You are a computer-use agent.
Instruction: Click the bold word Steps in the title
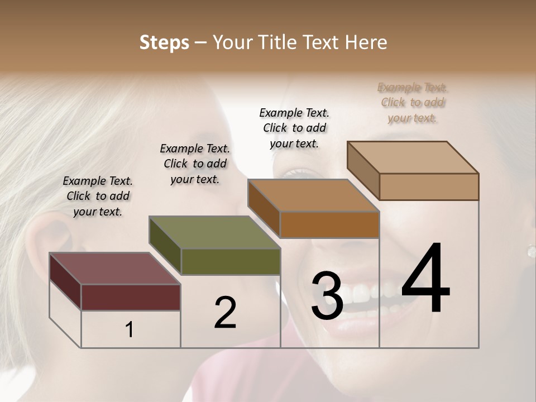pyautogui.click(x=164, y=42)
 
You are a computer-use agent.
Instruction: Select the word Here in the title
pyautogui.click(x=366, y=42)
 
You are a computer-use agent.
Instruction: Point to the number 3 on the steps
pyautogui.click(x=327, y=296)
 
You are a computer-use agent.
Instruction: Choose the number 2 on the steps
pyautogui.click(x=225, y=313)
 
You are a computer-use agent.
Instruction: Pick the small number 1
pyautogui.click(x=130, y=329)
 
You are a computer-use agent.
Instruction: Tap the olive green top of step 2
pyautogui.click(x=214, y=232)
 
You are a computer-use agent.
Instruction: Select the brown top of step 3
pyautogui.click(x=313, y=195)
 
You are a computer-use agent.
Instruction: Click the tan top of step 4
pyautogui.click(x=413, y=157)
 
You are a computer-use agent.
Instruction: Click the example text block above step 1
pyautogui.click(x=98, y=196)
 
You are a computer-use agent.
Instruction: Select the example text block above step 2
pyautogui.click(x=195, y=164)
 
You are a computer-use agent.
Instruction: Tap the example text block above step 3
pyautogui.click(x=294, y=128)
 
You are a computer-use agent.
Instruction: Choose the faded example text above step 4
pyautogui.click(x=413, y=103)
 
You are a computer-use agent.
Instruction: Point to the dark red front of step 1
pyautogui.click(x=131, y=297)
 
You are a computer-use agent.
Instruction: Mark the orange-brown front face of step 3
pyautogui.click(x=329, y=224)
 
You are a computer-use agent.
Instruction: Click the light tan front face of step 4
pyautogui.click(x=429, y=186)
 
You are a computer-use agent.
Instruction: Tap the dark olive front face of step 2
pyautogui.click(x=231, y=261)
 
